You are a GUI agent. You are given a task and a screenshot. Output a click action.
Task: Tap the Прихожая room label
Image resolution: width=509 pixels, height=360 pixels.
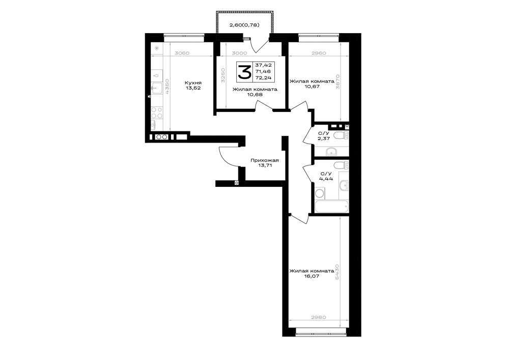pos(265,160)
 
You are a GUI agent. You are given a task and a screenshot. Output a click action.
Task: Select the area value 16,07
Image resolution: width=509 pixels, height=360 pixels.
pos(303,276)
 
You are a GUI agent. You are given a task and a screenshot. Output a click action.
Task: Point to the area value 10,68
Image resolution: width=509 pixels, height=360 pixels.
pos(255,95)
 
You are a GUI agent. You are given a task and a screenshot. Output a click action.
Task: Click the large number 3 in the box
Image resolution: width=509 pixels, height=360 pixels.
pos(244,72)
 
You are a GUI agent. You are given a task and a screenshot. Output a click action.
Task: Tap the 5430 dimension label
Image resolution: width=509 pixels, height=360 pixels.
pos(337,272)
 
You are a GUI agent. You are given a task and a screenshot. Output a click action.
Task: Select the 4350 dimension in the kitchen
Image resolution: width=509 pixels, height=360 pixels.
pos(167,87)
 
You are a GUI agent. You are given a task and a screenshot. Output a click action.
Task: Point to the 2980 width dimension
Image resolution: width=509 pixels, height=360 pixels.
pos(318,317)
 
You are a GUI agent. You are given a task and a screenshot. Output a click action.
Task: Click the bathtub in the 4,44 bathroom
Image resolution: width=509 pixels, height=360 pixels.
pos(332,206)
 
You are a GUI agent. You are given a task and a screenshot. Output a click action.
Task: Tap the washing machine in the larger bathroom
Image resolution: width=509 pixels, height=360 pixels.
pos(320,193)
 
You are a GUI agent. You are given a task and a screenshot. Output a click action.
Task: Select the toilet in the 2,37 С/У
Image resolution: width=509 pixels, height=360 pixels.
pos(341,136)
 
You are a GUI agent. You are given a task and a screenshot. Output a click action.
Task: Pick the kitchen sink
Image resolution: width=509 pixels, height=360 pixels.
pos(157,88)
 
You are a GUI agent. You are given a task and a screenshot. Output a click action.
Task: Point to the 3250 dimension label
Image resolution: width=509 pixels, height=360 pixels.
pos(222,75)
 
